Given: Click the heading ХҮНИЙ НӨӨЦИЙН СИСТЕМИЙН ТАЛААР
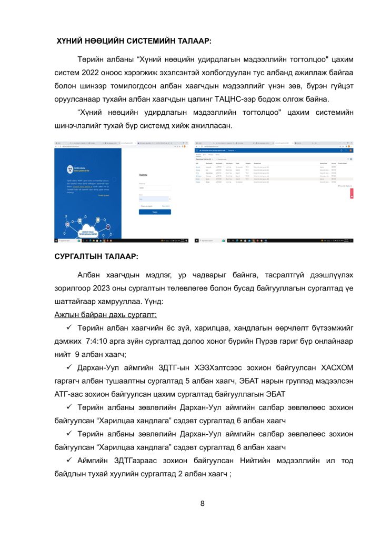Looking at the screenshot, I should click(134, 41).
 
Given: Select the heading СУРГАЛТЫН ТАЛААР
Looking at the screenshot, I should click(96, 256).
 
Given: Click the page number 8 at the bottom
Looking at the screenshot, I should click(203, 503).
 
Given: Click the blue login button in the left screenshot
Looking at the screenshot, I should click(155, 211).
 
